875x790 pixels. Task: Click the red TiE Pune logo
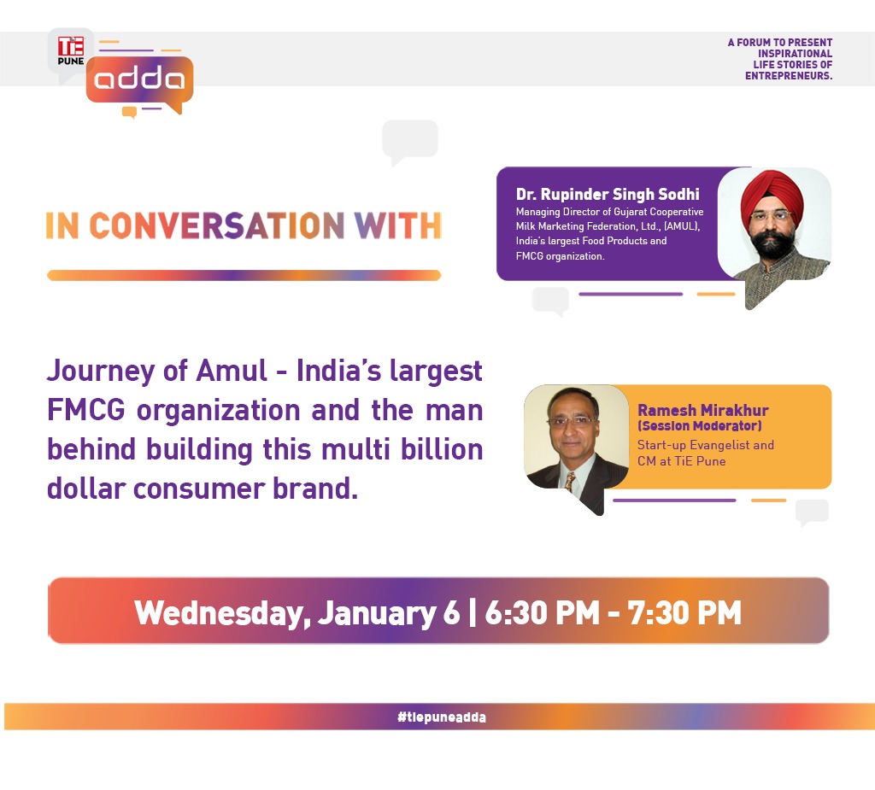coord(71,50)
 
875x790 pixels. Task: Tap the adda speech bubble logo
coord(139,81)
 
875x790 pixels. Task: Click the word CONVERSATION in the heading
coord(217,225)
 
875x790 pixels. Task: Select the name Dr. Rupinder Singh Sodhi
coord(608,194)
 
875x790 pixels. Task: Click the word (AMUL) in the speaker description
coord(681,226)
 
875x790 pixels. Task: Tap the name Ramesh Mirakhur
coord(702,411)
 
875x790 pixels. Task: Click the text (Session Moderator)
coord(699,426)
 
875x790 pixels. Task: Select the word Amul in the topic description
coord(232,371)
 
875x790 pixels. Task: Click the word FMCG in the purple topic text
coord(86,410)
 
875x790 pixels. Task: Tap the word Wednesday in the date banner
coord(222,613)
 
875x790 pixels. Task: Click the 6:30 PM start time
coord(542,612)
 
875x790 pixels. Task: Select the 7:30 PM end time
coord(684,612)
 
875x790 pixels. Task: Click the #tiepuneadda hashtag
coord(442,717)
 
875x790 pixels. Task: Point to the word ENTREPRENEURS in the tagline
coord(787,76)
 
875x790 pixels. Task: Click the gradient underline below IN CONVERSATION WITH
coord(244,275)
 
